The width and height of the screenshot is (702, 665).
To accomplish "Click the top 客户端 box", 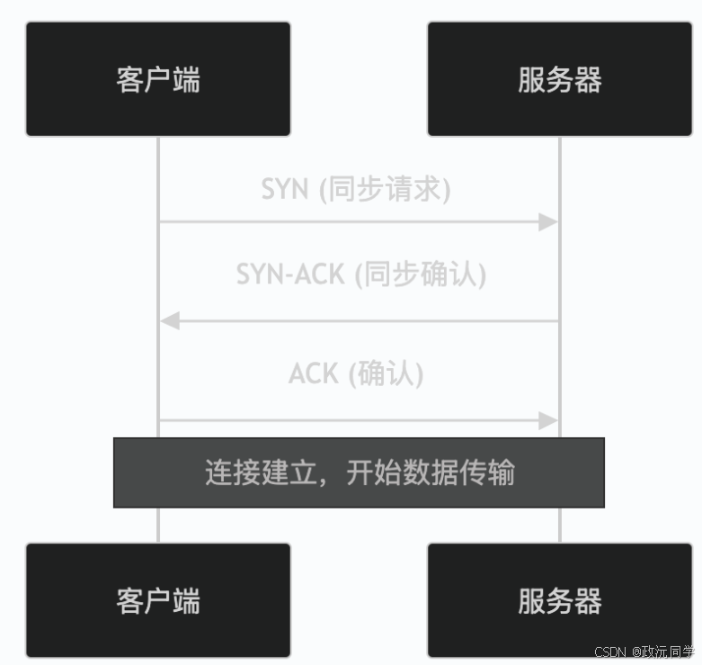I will tap(158, 79).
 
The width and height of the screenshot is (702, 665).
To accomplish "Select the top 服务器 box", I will tap(559, 79).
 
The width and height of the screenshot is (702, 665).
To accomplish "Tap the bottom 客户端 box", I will tap(158, 599).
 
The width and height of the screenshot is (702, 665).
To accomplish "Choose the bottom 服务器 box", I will tap(559, 599).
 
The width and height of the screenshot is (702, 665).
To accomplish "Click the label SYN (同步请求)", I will tap(357, 189).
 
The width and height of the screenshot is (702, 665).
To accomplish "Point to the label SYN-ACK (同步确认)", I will tap(361, 274).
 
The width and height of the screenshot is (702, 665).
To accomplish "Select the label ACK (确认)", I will tap(356, 373).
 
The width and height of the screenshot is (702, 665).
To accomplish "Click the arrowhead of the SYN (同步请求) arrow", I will tap(548, 221).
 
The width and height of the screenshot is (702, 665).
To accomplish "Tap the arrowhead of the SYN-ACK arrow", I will tap(170, 320).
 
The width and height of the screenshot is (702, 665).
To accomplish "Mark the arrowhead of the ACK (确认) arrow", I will tap(548, 420).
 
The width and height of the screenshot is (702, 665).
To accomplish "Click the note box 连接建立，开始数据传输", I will tap(359, 472).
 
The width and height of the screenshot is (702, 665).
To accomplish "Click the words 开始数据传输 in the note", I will tap(431, 472).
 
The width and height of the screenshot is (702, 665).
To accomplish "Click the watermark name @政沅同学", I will tap(662, 652).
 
